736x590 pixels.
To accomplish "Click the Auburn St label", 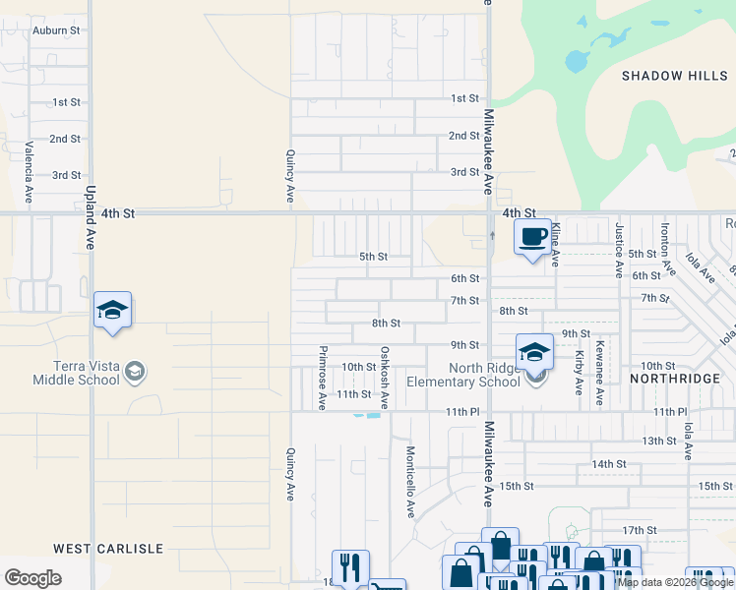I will [x=55, y=30].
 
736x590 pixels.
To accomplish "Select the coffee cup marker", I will [x=532, y=237].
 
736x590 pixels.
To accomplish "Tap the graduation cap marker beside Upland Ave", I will [x=112, y=311].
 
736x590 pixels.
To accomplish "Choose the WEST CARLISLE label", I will [x=107, y=548].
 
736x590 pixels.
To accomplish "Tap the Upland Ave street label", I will [x=90, y=217].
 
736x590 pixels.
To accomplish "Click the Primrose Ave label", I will [x=322, y=377].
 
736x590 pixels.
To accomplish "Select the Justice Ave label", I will [x=619, y=250].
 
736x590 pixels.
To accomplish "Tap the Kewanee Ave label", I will [x=598, y=377].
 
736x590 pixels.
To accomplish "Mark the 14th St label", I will [x=609, y=463].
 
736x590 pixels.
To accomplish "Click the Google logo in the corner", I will [x=32, y=578].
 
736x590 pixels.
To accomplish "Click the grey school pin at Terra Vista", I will [x=136, y=372].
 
